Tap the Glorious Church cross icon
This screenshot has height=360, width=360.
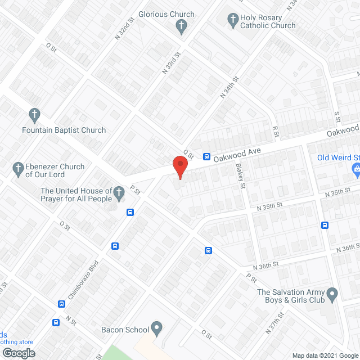coord(181,25)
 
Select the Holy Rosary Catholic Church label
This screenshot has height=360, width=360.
coord(267,21)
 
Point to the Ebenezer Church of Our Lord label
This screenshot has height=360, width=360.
coord(55,170)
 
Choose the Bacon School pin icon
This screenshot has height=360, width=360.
coord(156,327)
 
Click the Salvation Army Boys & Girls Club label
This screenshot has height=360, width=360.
coord(291,296)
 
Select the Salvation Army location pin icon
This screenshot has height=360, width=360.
coord(332,292)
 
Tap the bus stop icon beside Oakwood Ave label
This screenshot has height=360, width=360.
coord(206,156)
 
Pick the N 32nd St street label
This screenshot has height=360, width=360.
coord(125,27)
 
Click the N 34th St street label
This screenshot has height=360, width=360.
coord(229,87)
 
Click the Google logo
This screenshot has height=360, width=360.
coord(18,353)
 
